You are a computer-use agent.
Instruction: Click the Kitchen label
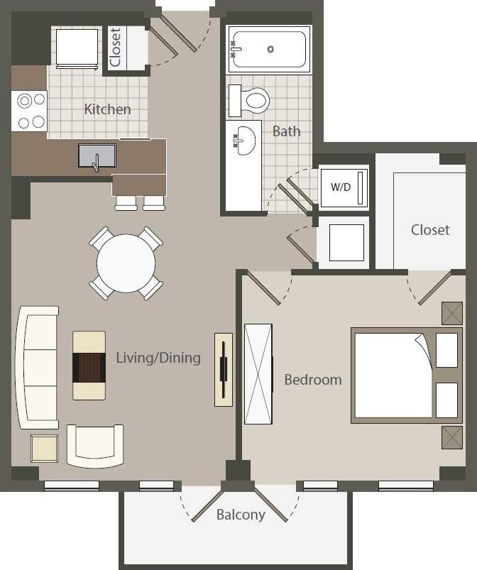pyautogui.click(x=107, y=109)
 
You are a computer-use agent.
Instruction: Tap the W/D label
pyautogui.click(x=341, y=188)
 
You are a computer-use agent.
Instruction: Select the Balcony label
pyautogui.click(x=241, y=515)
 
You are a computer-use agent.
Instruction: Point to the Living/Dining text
pyautogui.click(x=158, y=358)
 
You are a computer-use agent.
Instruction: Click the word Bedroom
pyautogui.click(x=312, y=380)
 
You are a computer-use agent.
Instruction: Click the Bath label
pyautogui.click(x=286, y=131)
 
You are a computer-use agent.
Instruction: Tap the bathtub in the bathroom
pyautogui.click(x=269, y=49)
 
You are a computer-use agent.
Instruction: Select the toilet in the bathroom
pyautogui.click(x=251, y=99)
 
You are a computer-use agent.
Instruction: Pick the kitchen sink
pyautogui.click(x=97, y=155)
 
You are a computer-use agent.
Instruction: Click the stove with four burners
pyautogui.click(x=29, y=111)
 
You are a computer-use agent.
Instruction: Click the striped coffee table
pyautogui.click(x=89, y=365)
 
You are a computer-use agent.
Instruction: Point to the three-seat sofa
pyautogui.click(x=38, y=367)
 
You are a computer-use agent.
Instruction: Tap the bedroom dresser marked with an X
pyautogui.click(x=258, y=373)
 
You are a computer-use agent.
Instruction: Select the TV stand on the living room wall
pyautogui.click(x=223, y=369)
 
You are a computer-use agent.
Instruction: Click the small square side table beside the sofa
pyautogui.click(x=44, y=449)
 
